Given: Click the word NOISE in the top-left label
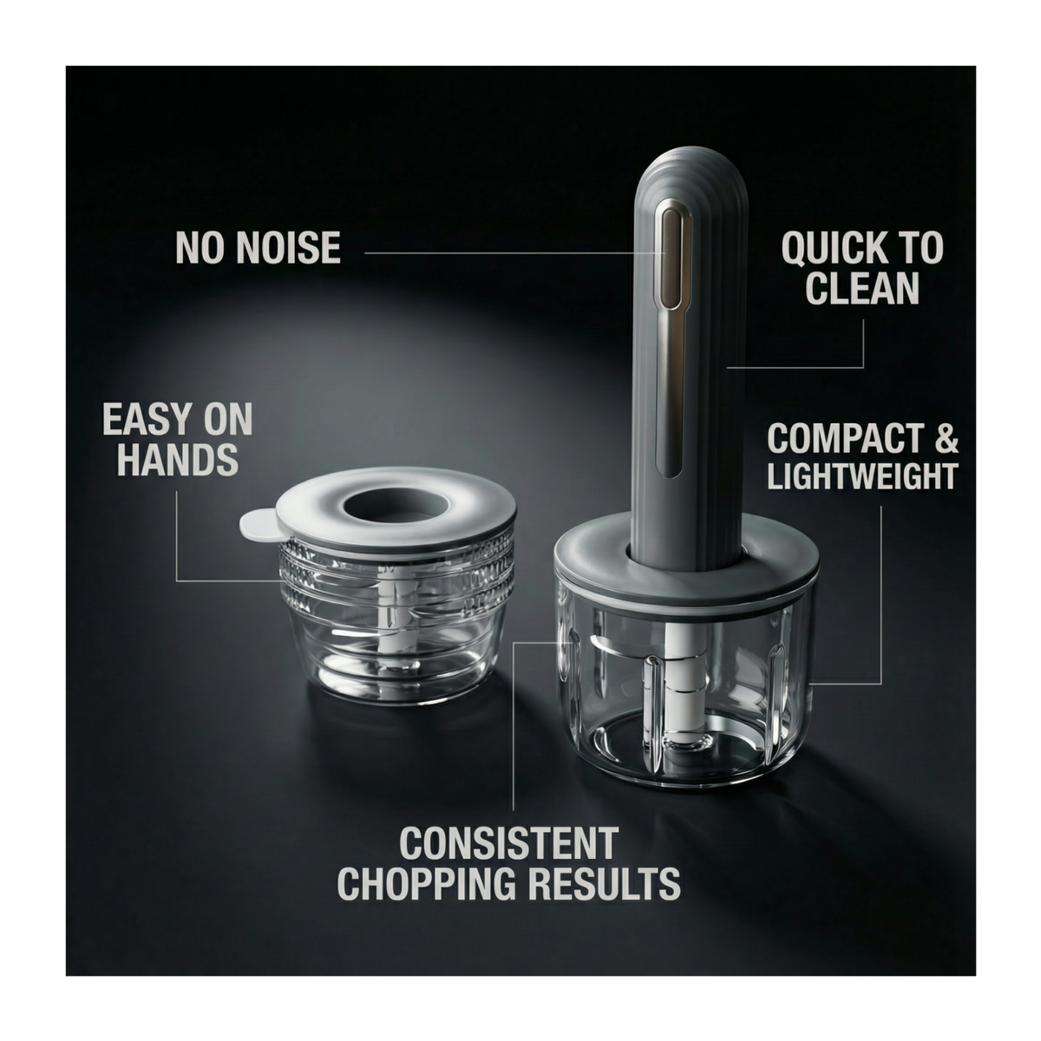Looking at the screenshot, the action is tap(289, 247).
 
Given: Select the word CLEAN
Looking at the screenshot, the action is tap(862, 288).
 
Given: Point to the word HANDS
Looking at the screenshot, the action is tap(178, 460).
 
